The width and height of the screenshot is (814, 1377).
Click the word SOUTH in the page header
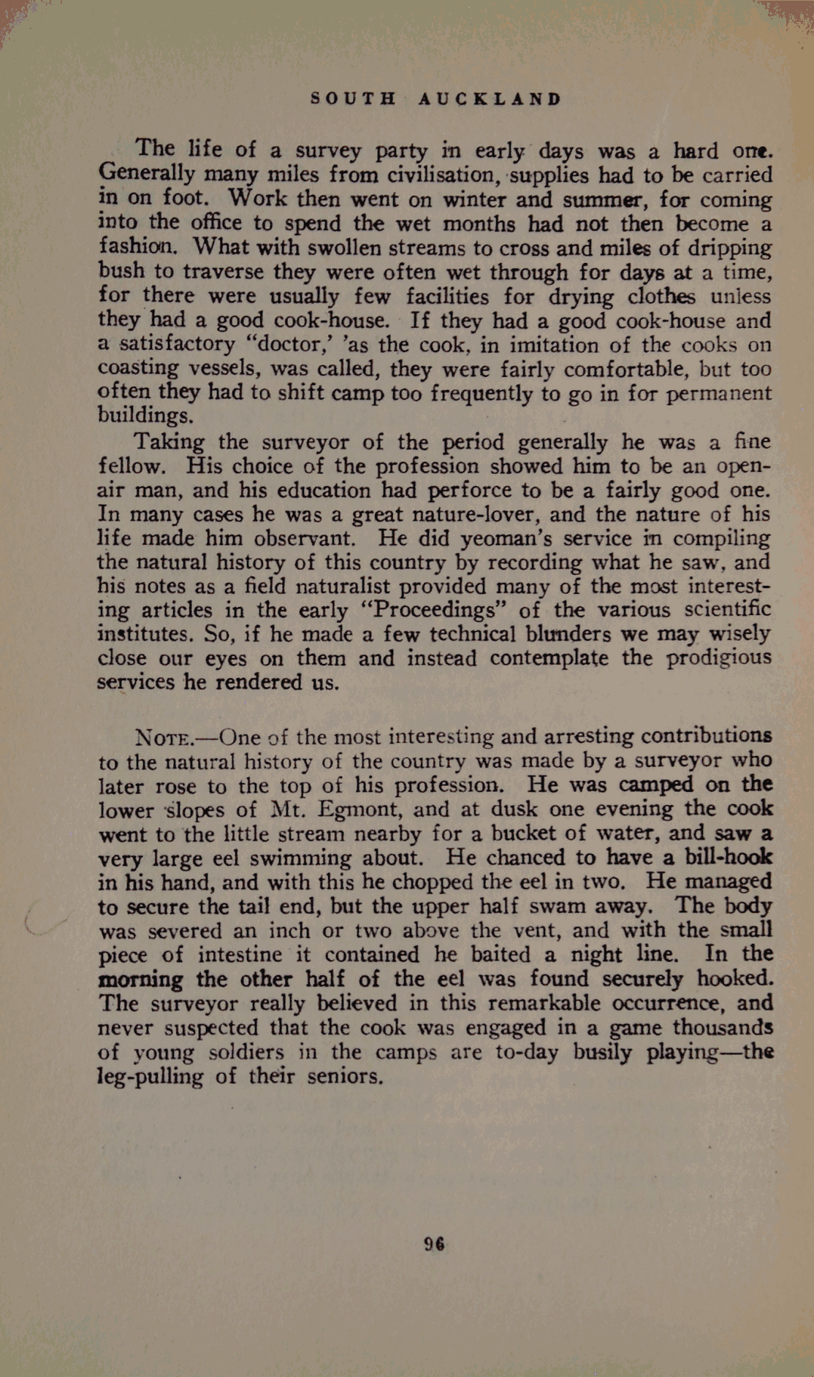pyautogui.click(x=353, y=99)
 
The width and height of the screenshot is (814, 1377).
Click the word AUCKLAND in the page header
pyautogui.click(x=490, y=99)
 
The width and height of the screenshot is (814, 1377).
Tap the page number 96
pyautogui.click(x=435, y=1244)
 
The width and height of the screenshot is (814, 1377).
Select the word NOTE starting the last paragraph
pyautogui.click(x=165, y=737)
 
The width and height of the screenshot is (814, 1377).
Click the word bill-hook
pyautogui.click(x=728, y=858)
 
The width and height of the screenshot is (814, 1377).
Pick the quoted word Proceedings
pyautogui.click(x=431, y=610)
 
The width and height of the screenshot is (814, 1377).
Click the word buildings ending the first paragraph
pyautogui.click(x=145, y=416)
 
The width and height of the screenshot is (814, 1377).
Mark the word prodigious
pyautogui.click(x=718, y=658)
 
